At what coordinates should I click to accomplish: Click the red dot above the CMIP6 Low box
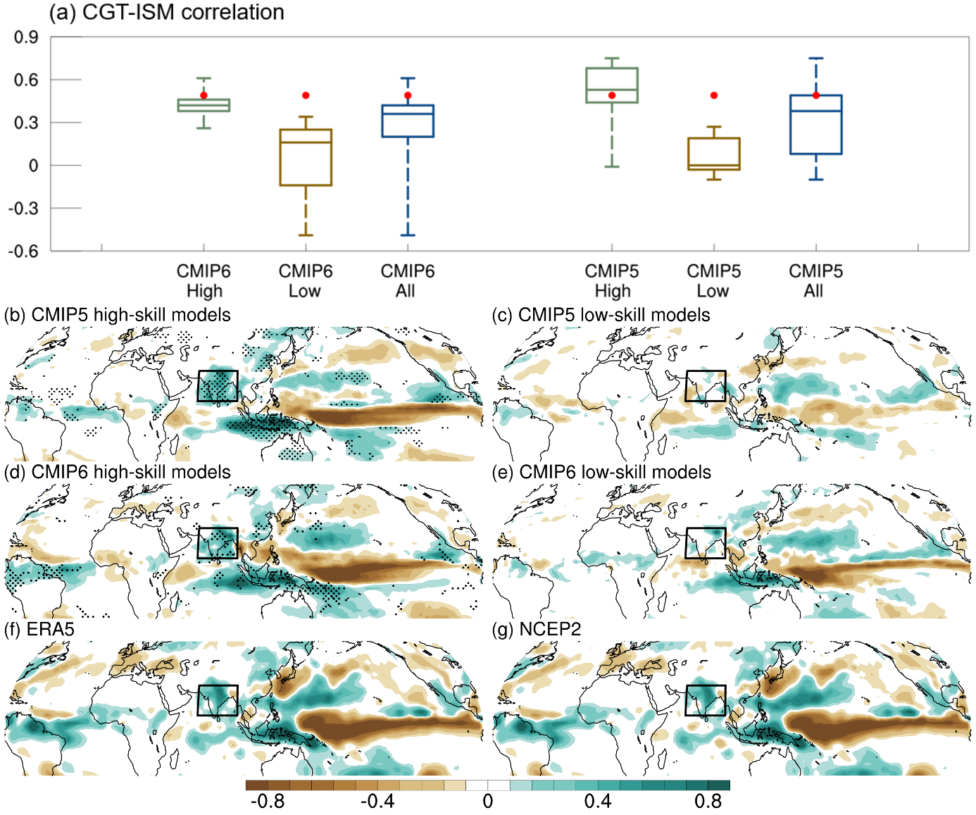(x=306, y=95)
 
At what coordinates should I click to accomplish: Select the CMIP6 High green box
(x=204, y=106)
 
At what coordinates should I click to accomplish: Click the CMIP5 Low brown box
(x=714, y=154)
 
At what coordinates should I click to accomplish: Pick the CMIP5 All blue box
(x=815, y=125)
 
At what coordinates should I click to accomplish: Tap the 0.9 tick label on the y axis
(x=26, y=37)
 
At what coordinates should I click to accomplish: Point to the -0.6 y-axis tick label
(x=23, y=251)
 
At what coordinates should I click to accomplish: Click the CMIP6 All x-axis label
(x=407, y=281)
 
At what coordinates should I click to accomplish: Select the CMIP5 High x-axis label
(x=611, y=281)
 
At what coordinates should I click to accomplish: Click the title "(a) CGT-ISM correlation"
(x=166, y=12)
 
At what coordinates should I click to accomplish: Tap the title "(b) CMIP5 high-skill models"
(x=118, y=315)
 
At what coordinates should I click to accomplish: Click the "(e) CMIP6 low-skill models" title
(x=601, y=472)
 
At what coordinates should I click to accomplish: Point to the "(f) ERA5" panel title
(x=39, y=629)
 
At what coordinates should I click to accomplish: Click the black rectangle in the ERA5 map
(x=218, y=700)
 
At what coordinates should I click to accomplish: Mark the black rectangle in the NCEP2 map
(x=705, y=700)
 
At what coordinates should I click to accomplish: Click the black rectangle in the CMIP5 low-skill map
(x=705, y=386)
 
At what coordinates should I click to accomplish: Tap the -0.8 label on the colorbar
(x=268, y=802)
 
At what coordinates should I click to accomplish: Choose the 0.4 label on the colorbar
(x=598, y=802)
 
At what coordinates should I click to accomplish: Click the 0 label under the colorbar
(x=487, y=802)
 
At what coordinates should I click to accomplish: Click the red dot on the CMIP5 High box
(x=611, y=95)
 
